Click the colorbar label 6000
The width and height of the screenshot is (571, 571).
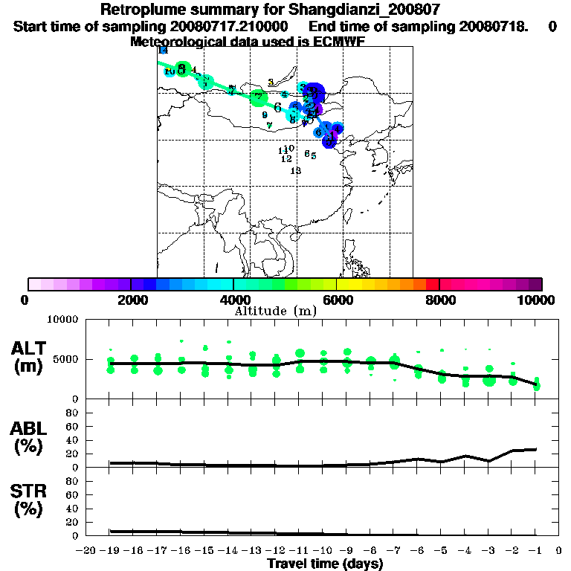tap(337, 300)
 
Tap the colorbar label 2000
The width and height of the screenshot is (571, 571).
tap(131, 300)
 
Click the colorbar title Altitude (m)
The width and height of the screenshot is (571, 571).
tap(276, 311)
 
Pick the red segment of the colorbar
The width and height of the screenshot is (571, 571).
tap(432, 284)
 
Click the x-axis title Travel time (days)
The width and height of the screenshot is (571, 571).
tap(325, 564)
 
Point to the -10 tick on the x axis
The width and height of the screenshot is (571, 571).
tap(323, 550)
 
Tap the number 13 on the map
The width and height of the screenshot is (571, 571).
tap(295, 171)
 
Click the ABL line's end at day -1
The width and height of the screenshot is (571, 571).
tap(536, 449)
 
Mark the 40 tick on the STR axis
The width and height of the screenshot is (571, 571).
tap(72, 508)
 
